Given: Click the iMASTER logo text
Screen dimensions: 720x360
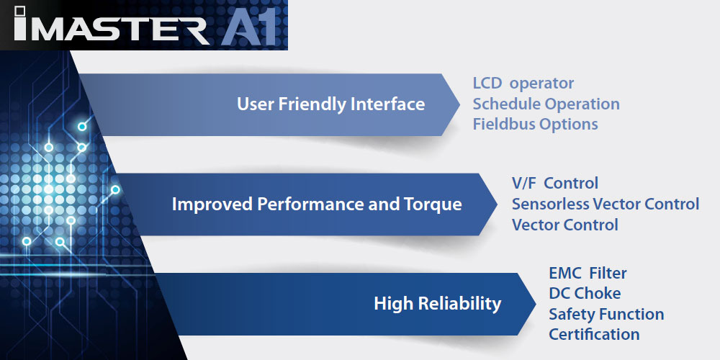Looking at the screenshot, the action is [x=111, y=24].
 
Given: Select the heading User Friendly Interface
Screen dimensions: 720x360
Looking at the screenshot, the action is [x=330, y=104].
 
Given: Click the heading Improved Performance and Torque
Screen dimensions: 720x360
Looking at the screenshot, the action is [x=317, y=204].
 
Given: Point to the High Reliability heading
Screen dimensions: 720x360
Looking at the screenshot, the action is [x=437, y=304].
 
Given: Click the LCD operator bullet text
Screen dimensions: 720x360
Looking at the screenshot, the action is [x=523, y=84].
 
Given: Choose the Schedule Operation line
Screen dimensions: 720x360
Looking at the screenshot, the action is [x=546, y=104].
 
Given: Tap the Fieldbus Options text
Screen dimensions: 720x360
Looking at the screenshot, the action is [x=536, y=124].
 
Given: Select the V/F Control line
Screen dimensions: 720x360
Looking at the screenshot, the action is [x=554, y=183].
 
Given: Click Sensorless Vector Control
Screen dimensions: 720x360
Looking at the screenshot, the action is [x=606, y=204].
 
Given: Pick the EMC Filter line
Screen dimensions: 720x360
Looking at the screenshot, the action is [x=588, y=273].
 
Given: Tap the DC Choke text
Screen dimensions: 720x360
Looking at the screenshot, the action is [x=585, y=294].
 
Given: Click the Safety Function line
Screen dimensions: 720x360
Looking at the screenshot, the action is [x=606, y=314].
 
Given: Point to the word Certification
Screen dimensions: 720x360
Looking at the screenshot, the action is [x=594, y=334].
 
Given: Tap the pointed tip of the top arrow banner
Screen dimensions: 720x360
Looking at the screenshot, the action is [x=459, y=104].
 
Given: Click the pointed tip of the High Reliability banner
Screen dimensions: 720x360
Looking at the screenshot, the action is [x=536, y=304].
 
